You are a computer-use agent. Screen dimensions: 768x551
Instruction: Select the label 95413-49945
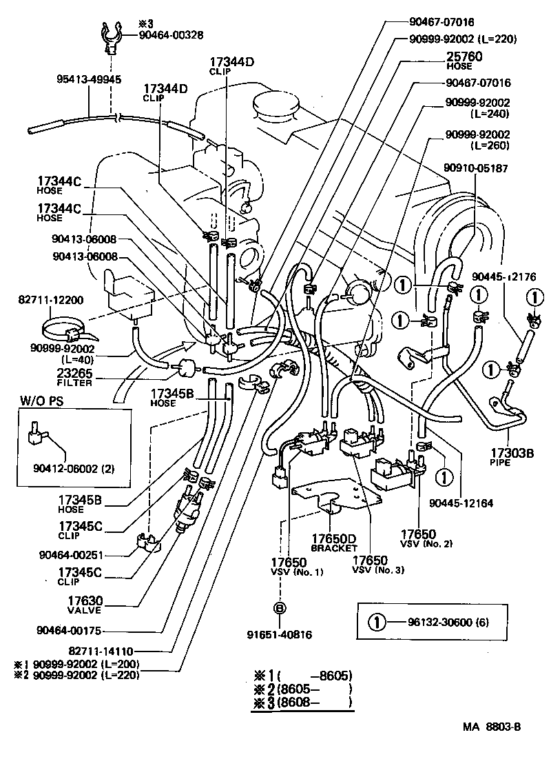pyautogui.click(x=89, y=79)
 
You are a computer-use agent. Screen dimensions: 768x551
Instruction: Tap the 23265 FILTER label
pyautogui.click(x=74, y=376)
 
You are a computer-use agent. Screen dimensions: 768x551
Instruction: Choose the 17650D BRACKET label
pyautogui.click(x=333, y=543)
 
